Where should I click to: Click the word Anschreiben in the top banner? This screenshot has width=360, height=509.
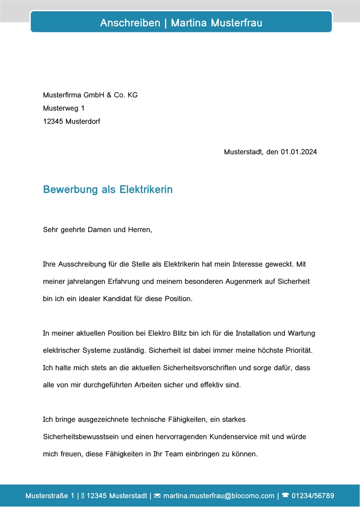(x=130, y=22)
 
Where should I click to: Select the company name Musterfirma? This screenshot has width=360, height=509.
(x=63, y=95)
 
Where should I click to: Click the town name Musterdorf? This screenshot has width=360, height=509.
(x=83, y=121)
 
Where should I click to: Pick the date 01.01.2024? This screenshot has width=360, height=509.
(x=299, y=152)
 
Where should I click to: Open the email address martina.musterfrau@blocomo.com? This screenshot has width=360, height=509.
(x=219, y=496)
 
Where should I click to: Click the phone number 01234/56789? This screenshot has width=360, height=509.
(x=313, y=496)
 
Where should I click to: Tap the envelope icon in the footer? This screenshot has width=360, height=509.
(x=157, y=496)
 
